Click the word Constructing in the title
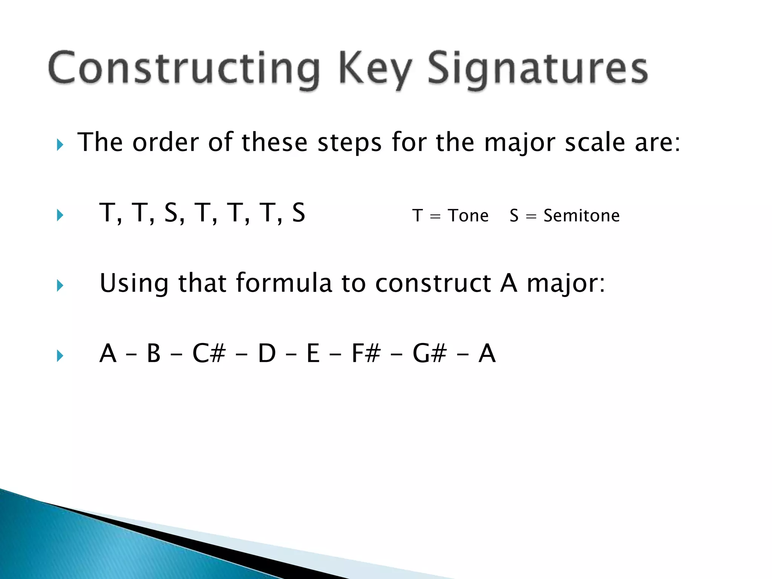tap(184, 69)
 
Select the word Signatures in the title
tap(538, 69)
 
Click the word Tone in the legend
tap(468, 216)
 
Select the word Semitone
tap(581, 216)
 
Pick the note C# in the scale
tap(209, 353)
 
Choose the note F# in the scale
tap(366, 353)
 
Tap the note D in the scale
tap(267, 353)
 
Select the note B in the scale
tap(154, 353)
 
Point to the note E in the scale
tap(313, 353)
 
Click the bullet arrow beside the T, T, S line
tap(60, 215)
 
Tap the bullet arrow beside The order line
tap(60, 144)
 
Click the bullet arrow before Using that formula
tap(60, 285)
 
